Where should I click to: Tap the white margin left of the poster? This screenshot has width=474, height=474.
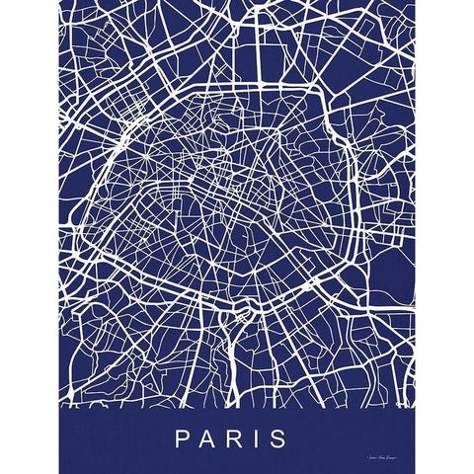coord(30,237)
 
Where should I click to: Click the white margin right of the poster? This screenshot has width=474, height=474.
coord(444,237)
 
